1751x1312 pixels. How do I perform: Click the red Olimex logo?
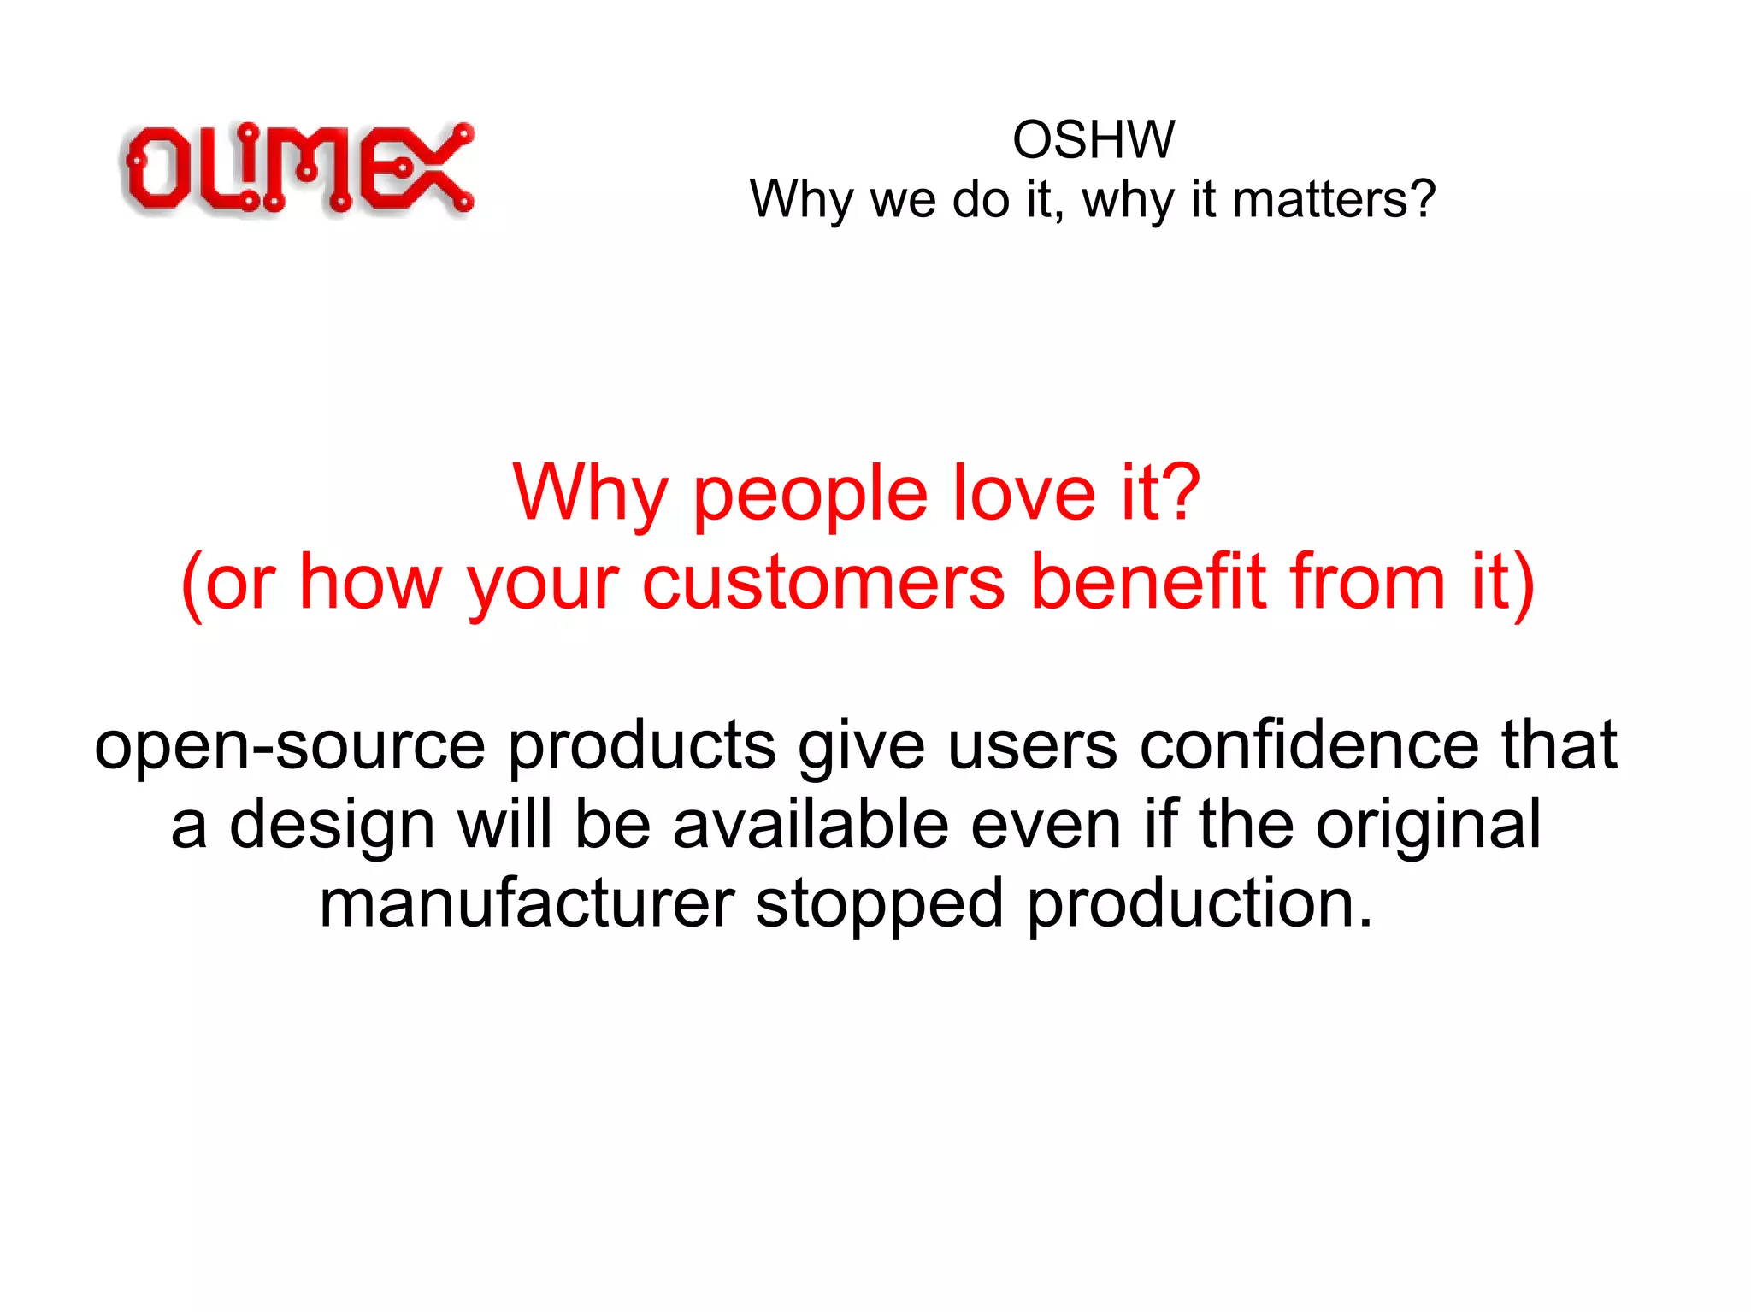[x=297, y=168]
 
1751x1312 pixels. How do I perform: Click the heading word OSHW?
[x=1094, y=139]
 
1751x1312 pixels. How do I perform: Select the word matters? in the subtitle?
[x=1334, y=199]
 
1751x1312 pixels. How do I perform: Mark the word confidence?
[x=1309, y=745]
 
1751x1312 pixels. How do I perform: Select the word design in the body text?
[x=333, y=827]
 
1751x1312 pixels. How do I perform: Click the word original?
[x=1428, y=827]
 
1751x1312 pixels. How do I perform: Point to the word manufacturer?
[x=527, y=904]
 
